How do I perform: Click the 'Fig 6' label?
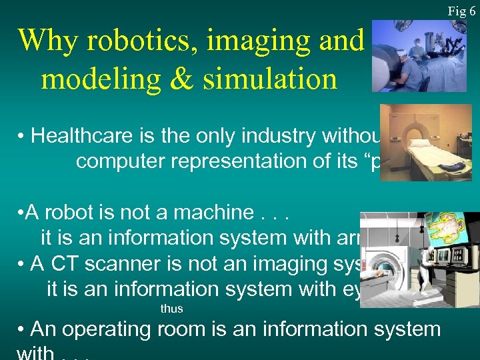(461, 11)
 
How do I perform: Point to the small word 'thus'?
(171, 309)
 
